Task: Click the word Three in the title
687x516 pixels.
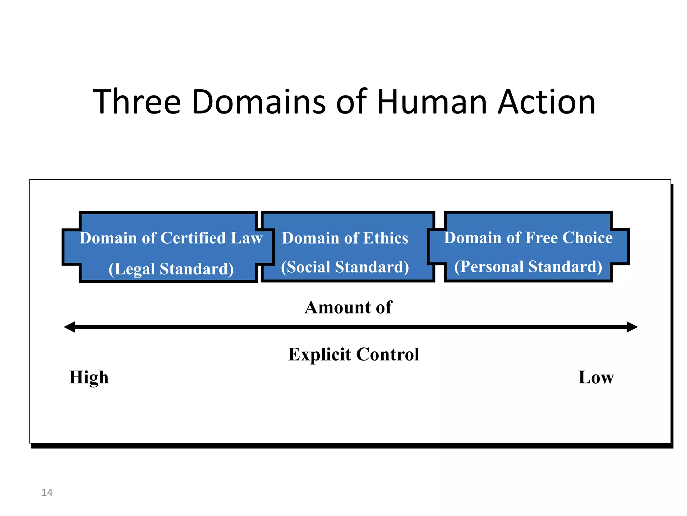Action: (137, 102)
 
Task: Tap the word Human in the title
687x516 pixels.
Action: (432, 102)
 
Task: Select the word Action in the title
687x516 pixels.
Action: (547, 102)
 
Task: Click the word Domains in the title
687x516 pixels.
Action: (258, 102)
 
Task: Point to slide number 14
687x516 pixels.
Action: (47, 492)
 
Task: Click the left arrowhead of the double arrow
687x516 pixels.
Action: (70, 327)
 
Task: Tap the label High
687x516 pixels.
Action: (89, 378)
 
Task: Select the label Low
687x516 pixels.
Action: (596, 378)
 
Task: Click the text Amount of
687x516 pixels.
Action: (348, 307)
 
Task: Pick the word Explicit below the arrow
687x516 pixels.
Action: (319, 355)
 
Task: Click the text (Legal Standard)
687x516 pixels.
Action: (171, 269)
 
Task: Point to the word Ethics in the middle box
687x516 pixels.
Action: (386, 238)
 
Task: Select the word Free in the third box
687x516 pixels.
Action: (541, 238)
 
